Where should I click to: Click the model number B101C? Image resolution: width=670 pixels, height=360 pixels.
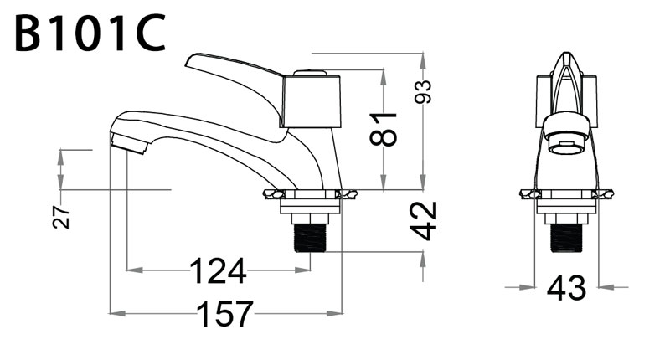point(90,33)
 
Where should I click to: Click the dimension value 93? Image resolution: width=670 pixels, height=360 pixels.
point(423,92)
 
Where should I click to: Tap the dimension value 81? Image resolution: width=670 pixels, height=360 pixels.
point(384,130)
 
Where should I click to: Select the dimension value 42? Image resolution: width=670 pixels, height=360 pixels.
point(424,221)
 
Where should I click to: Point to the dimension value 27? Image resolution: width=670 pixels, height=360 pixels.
point(61,217)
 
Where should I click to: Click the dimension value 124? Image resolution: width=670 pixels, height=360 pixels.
point(218,271)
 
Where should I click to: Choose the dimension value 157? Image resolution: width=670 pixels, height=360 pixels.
point(225,314)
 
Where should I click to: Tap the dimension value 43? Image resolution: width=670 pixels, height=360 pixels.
point(567,288)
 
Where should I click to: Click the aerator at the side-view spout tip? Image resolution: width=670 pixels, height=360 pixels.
point(128,143)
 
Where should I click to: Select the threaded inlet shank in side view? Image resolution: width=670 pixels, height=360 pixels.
point(310,238)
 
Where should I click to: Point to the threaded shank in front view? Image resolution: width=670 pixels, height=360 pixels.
point(566,238)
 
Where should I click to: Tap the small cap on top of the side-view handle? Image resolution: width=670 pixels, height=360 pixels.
point(311,74)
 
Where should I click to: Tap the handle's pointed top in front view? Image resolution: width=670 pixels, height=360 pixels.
point(566,54)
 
